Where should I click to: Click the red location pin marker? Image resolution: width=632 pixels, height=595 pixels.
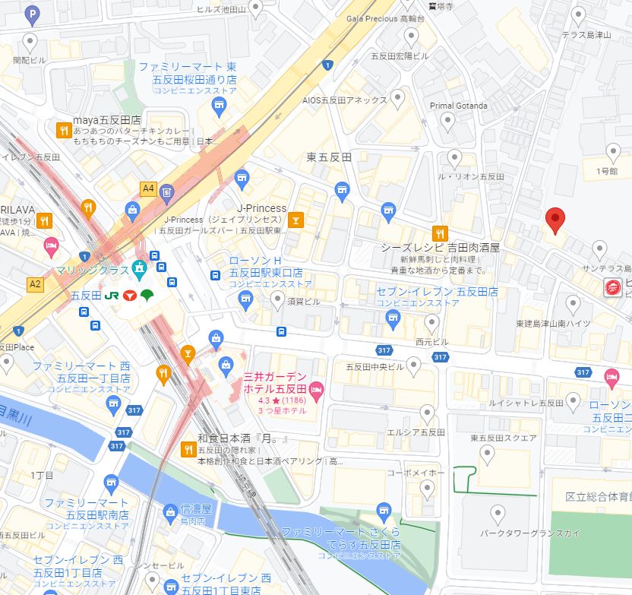[x=556, y=220]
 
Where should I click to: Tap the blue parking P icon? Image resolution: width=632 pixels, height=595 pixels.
[x=32, y=13]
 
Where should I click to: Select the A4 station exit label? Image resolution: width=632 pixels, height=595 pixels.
[x=148, y=188]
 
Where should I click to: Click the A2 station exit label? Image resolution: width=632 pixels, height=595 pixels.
[x=35, y=283]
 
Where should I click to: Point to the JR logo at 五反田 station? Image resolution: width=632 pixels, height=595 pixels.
[x=110, y=295]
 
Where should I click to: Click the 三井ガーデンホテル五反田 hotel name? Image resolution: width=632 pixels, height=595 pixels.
[x=274, y=382]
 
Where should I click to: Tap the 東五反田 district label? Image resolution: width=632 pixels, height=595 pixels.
[x=329, y=157]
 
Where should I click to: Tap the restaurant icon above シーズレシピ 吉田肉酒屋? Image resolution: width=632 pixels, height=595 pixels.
[x=438, y=233]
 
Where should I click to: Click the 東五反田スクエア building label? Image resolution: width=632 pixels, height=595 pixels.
[x=503, y=438]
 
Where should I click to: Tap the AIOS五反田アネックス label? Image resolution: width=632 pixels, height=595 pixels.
[x=345, y=100]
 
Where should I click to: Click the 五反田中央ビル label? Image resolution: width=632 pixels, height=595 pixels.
[x=374, y=367]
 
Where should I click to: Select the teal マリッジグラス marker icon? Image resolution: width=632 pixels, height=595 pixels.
[x=139, y=268]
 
